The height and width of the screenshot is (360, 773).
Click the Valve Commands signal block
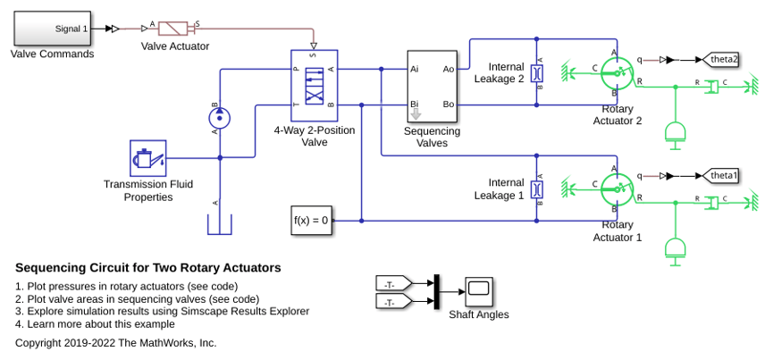[x=52, y=29]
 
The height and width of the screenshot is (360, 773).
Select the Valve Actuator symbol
[x=173, y=29]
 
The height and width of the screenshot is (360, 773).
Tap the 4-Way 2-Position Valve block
[x=314, y=85]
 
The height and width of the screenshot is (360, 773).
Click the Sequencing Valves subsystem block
[x=432, y=87]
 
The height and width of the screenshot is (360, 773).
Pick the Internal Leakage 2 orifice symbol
[x=537, y=73]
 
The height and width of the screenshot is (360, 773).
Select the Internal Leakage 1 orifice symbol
[x=537, y=189]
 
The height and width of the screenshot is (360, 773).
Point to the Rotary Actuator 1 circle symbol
[x=617, y=189]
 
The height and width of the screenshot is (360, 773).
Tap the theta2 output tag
[x=720, y=60]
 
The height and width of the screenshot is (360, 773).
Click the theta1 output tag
[x=720, y=176]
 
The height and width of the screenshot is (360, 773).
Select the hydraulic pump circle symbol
[x=221, y=118]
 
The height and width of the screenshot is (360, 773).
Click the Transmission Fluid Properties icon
[x=147, y=158]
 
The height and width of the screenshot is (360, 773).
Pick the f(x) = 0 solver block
[x=311, y=221]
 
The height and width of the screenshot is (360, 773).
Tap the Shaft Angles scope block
[x=479, y=292]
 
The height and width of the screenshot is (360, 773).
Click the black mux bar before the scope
[x=436, y=292]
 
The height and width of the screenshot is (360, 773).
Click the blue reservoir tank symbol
[x=220, y=224]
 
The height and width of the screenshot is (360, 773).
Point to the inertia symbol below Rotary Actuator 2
[x=676, y=135]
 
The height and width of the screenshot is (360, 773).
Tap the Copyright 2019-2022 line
[x=116, y=343]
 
